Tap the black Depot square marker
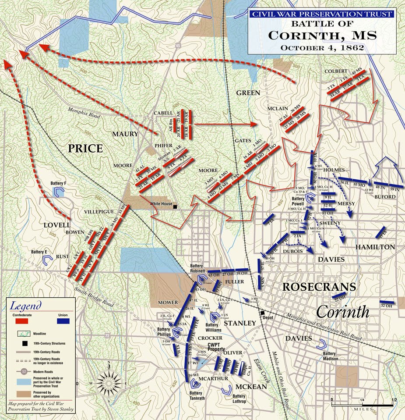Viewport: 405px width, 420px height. [263, 313]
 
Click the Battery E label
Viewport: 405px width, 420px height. [39, 252]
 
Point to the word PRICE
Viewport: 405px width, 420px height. [85, 148]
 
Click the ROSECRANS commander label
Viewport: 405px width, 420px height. [318, 287]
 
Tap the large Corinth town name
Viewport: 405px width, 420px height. [343, 312]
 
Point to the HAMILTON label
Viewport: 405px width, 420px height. [375, 247]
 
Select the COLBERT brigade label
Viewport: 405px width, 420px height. [336, 71]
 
